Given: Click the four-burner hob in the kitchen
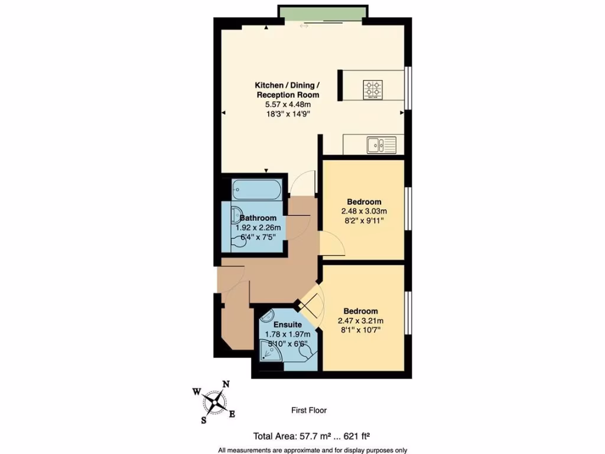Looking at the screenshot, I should coord(373,89).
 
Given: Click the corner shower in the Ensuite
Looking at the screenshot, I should coord(272,352).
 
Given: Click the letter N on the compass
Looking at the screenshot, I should coord(225,384).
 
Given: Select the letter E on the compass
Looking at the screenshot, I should coord(232,414).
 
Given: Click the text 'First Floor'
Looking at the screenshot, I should coord(309,410).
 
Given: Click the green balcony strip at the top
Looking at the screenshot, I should coord(323,13).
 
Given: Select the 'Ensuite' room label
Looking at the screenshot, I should coord(288,325).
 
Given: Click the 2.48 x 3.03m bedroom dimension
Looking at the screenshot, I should coord(364,212).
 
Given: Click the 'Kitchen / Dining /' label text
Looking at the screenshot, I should coord(288,85).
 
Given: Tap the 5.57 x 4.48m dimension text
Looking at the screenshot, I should coord(288,105).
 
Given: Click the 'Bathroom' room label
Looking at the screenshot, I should coord(258,218).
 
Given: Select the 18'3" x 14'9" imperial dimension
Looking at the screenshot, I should coord(288,115).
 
